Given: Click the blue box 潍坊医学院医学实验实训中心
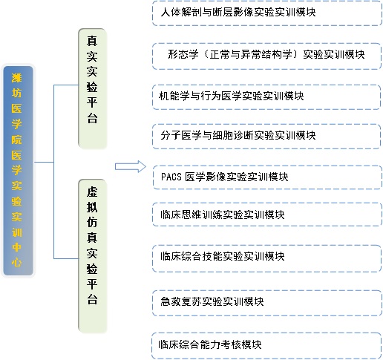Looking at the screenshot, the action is (x=18, y=171).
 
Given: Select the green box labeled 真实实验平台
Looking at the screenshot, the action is (x=92, y=88).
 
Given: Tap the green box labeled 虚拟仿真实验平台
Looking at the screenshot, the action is (x=92, y=255).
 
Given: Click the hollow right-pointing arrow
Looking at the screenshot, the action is (x=131, y=166).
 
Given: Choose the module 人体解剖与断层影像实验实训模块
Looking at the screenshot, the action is (x=267, y=13).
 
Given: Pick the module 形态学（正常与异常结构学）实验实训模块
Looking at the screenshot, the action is (x=266, y=56).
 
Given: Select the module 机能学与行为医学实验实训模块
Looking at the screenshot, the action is (x=266, y=97).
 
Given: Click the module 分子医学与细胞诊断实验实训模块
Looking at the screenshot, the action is (x=266, y=137).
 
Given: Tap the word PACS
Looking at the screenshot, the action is (x=171, y=177).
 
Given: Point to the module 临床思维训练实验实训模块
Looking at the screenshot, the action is (x=267, y=215).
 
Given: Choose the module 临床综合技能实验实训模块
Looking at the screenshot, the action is (x=266, y=258).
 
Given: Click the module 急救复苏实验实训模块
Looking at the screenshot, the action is (x=267, y=303).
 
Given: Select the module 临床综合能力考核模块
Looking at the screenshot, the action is (x=266, y=346).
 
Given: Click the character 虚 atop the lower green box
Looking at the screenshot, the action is (x=92, y=192).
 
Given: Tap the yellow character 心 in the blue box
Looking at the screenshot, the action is (x=16, y=263).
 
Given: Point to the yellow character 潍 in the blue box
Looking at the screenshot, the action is (x=16, y=78).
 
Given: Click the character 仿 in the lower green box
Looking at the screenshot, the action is (x=92, y=223).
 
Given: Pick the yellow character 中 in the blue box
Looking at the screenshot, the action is (x=16, y=247).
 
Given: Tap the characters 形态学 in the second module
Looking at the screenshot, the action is (x=183, y=54).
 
